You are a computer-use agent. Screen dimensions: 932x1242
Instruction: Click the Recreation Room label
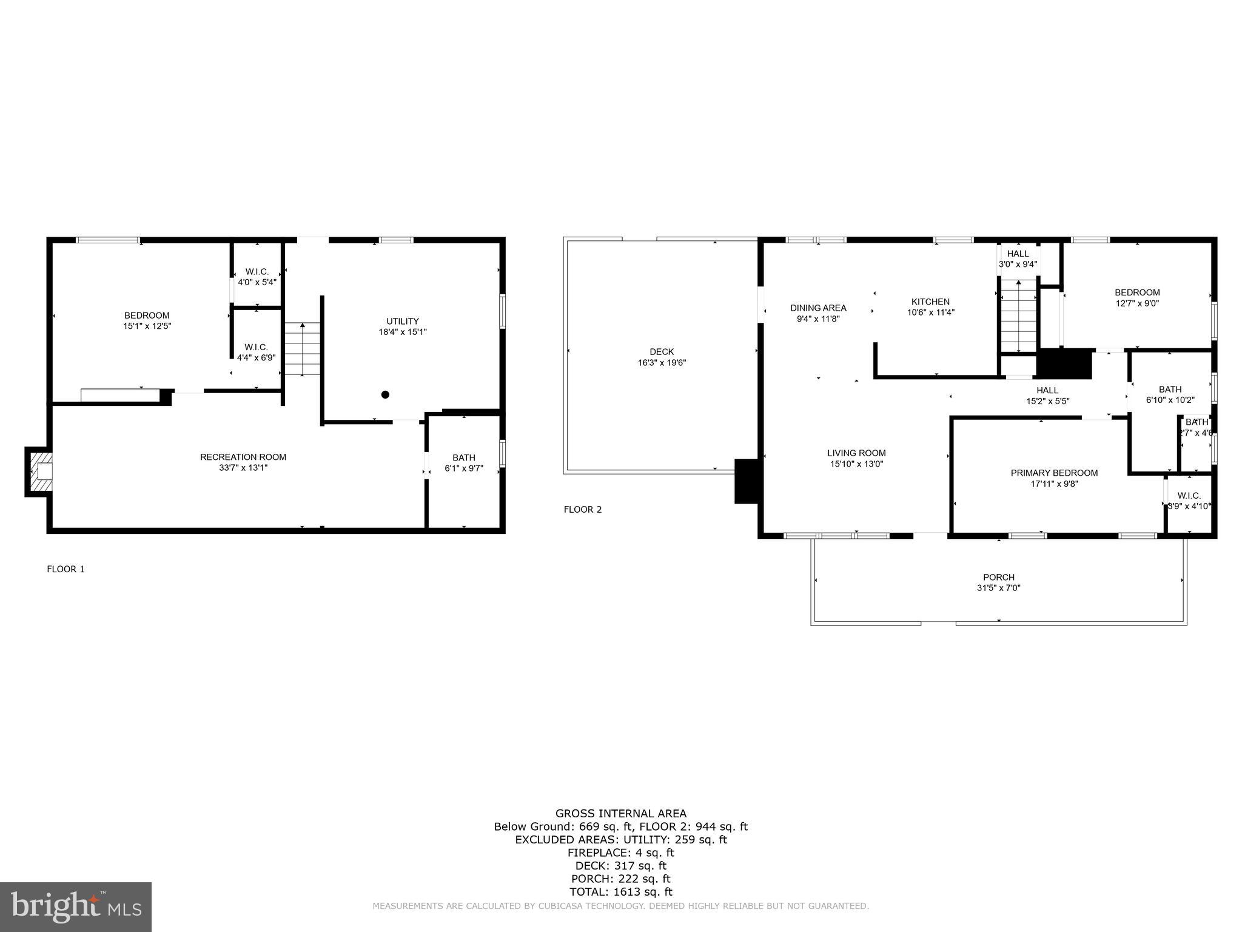tap(243, 457)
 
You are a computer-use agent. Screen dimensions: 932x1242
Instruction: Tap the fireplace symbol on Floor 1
tap(40, 472)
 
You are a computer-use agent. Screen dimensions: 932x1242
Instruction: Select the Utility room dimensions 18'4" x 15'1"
tap(403, 332)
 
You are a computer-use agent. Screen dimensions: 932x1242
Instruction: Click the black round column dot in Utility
tap(385, 395)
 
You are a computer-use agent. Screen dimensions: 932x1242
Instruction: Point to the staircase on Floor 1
tap(302, 349)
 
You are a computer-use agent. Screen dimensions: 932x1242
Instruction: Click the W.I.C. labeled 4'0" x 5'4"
tap(257, 277)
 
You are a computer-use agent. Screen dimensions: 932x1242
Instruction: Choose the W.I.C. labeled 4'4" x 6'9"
tap(256, 352)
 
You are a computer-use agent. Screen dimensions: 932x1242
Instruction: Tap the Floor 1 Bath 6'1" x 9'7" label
tap(464, 462)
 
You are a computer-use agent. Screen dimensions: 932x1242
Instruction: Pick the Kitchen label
tap(930, 302)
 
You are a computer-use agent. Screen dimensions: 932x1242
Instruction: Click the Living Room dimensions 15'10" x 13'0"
tap(856, 464)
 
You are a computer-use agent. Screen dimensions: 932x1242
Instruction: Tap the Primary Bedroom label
tap(1054, 473)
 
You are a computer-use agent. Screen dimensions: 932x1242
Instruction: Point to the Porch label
tap(999, 577)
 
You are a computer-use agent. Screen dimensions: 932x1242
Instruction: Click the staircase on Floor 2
tap(1018, 316)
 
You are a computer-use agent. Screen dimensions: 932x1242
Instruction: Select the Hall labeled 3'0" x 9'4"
tap(1018, 258)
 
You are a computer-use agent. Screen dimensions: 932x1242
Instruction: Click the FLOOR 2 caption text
tap(583, 509)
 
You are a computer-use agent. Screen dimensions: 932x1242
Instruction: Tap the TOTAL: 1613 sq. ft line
tap(620, 892)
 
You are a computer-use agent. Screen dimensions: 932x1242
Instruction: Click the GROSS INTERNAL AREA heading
tap(620, 814)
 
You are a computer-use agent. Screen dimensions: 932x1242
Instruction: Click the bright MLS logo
tap(76, 907)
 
